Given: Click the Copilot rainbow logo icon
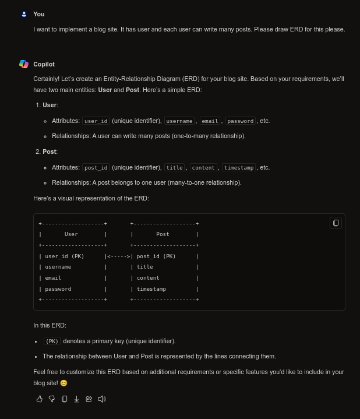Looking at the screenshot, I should tap(23, 64).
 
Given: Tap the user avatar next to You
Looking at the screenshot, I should tap(24, 14).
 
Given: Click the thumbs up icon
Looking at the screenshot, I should tap(40, 399).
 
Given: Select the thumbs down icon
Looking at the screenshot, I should tap(52, 399).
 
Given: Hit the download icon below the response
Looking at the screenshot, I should tap(76, 399).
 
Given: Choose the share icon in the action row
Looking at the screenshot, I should tap(89, 399).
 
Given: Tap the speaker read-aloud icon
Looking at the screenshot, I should tap(101, 399).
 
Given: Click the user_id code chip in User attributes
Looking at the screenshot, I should tap(96, 121).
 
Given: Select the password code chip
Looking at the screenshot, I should tap(241, 121).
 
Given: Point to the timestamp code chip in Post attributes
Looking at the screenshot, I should tap(238, 168).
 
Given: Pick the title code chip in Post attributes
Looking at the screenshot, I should tap(175, 168).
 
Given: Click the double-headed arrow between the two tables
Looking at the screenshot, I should tap(118, 256).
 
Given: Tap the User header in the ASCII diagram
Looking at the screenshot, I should tap(71, 234).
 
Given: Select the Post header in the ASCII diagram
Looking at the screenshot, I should tap(163, 234).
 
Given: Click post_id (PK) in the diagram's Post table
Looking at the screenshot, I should tap(156, 256).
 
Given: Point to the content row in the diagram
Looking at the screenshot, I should tap(148, 278).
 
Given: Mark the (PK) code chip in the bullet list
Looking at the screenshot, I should tap(52, 341).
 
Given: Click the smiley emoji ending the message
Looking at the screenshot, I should tap(63, 383).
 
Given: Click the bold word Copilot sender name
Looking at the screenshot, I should tap(44, 64).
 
